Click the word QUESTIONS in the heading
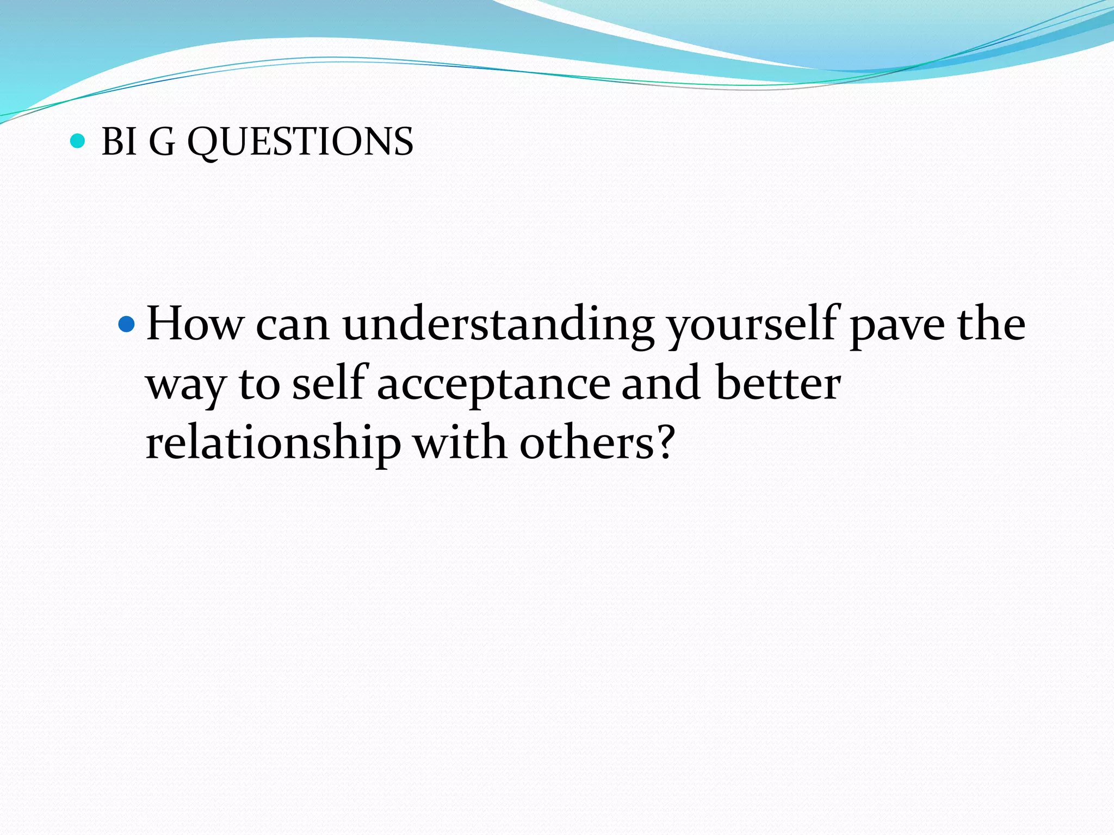click(300, 142)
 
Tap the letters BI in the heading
click(119, 142)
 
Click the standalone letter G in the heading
click(162, 142)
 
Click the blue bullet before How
click(126, 325)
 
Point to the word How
click(195, 325)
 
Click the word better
click(778, 384)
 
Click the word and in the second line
click(660, 384)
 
